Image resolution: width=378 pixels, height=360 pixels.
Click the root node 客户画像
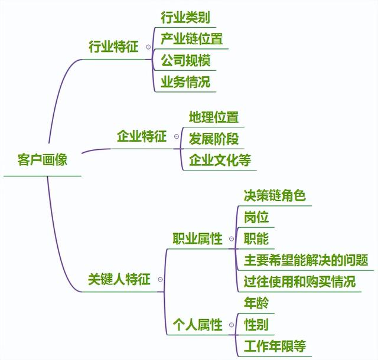[43, 160]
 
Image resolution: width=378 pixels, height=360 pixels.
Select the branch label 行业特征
[113, 47]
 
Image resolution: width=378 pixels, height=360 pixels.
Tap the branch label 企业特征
[142, 138]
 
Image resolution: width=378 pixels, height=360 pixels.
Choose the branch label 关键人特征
[119, 279]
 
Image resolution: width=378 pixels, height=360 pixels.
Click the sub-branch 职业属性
[197, 238]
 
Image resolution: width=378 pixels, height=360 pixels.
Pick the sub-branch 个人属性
[197, 324]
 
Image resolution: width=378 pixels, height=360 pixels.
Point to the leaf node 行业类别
[185, 17]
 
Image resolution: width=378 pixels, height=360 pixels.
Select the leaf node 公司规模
[185, 60]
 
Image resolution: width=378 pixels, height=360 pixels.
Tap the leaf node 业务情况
[185, 81]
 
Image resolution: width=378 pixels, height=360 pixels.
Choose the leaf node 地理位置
[214, 117]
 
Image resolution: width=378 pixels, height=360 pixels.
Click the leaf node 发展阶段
[214, 139]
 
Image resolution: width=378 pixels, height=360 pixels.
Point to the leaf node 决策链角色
[275, 195]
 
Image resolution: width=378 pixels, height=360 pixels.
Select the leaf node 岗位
[256, 217]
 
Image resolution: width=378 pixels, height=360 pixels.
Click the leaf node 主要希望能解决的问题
[306, 260]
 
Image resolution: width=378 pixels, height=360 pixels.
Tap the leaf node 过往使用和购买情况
[299, 282]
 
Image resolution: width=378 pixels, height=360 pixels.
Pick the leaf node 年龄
[256, 303]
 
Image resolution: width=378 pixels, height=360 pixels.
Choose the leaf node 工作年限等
[275, 345]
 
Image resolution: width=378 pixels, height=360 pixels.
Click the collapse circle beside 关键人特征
[160, 280]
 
